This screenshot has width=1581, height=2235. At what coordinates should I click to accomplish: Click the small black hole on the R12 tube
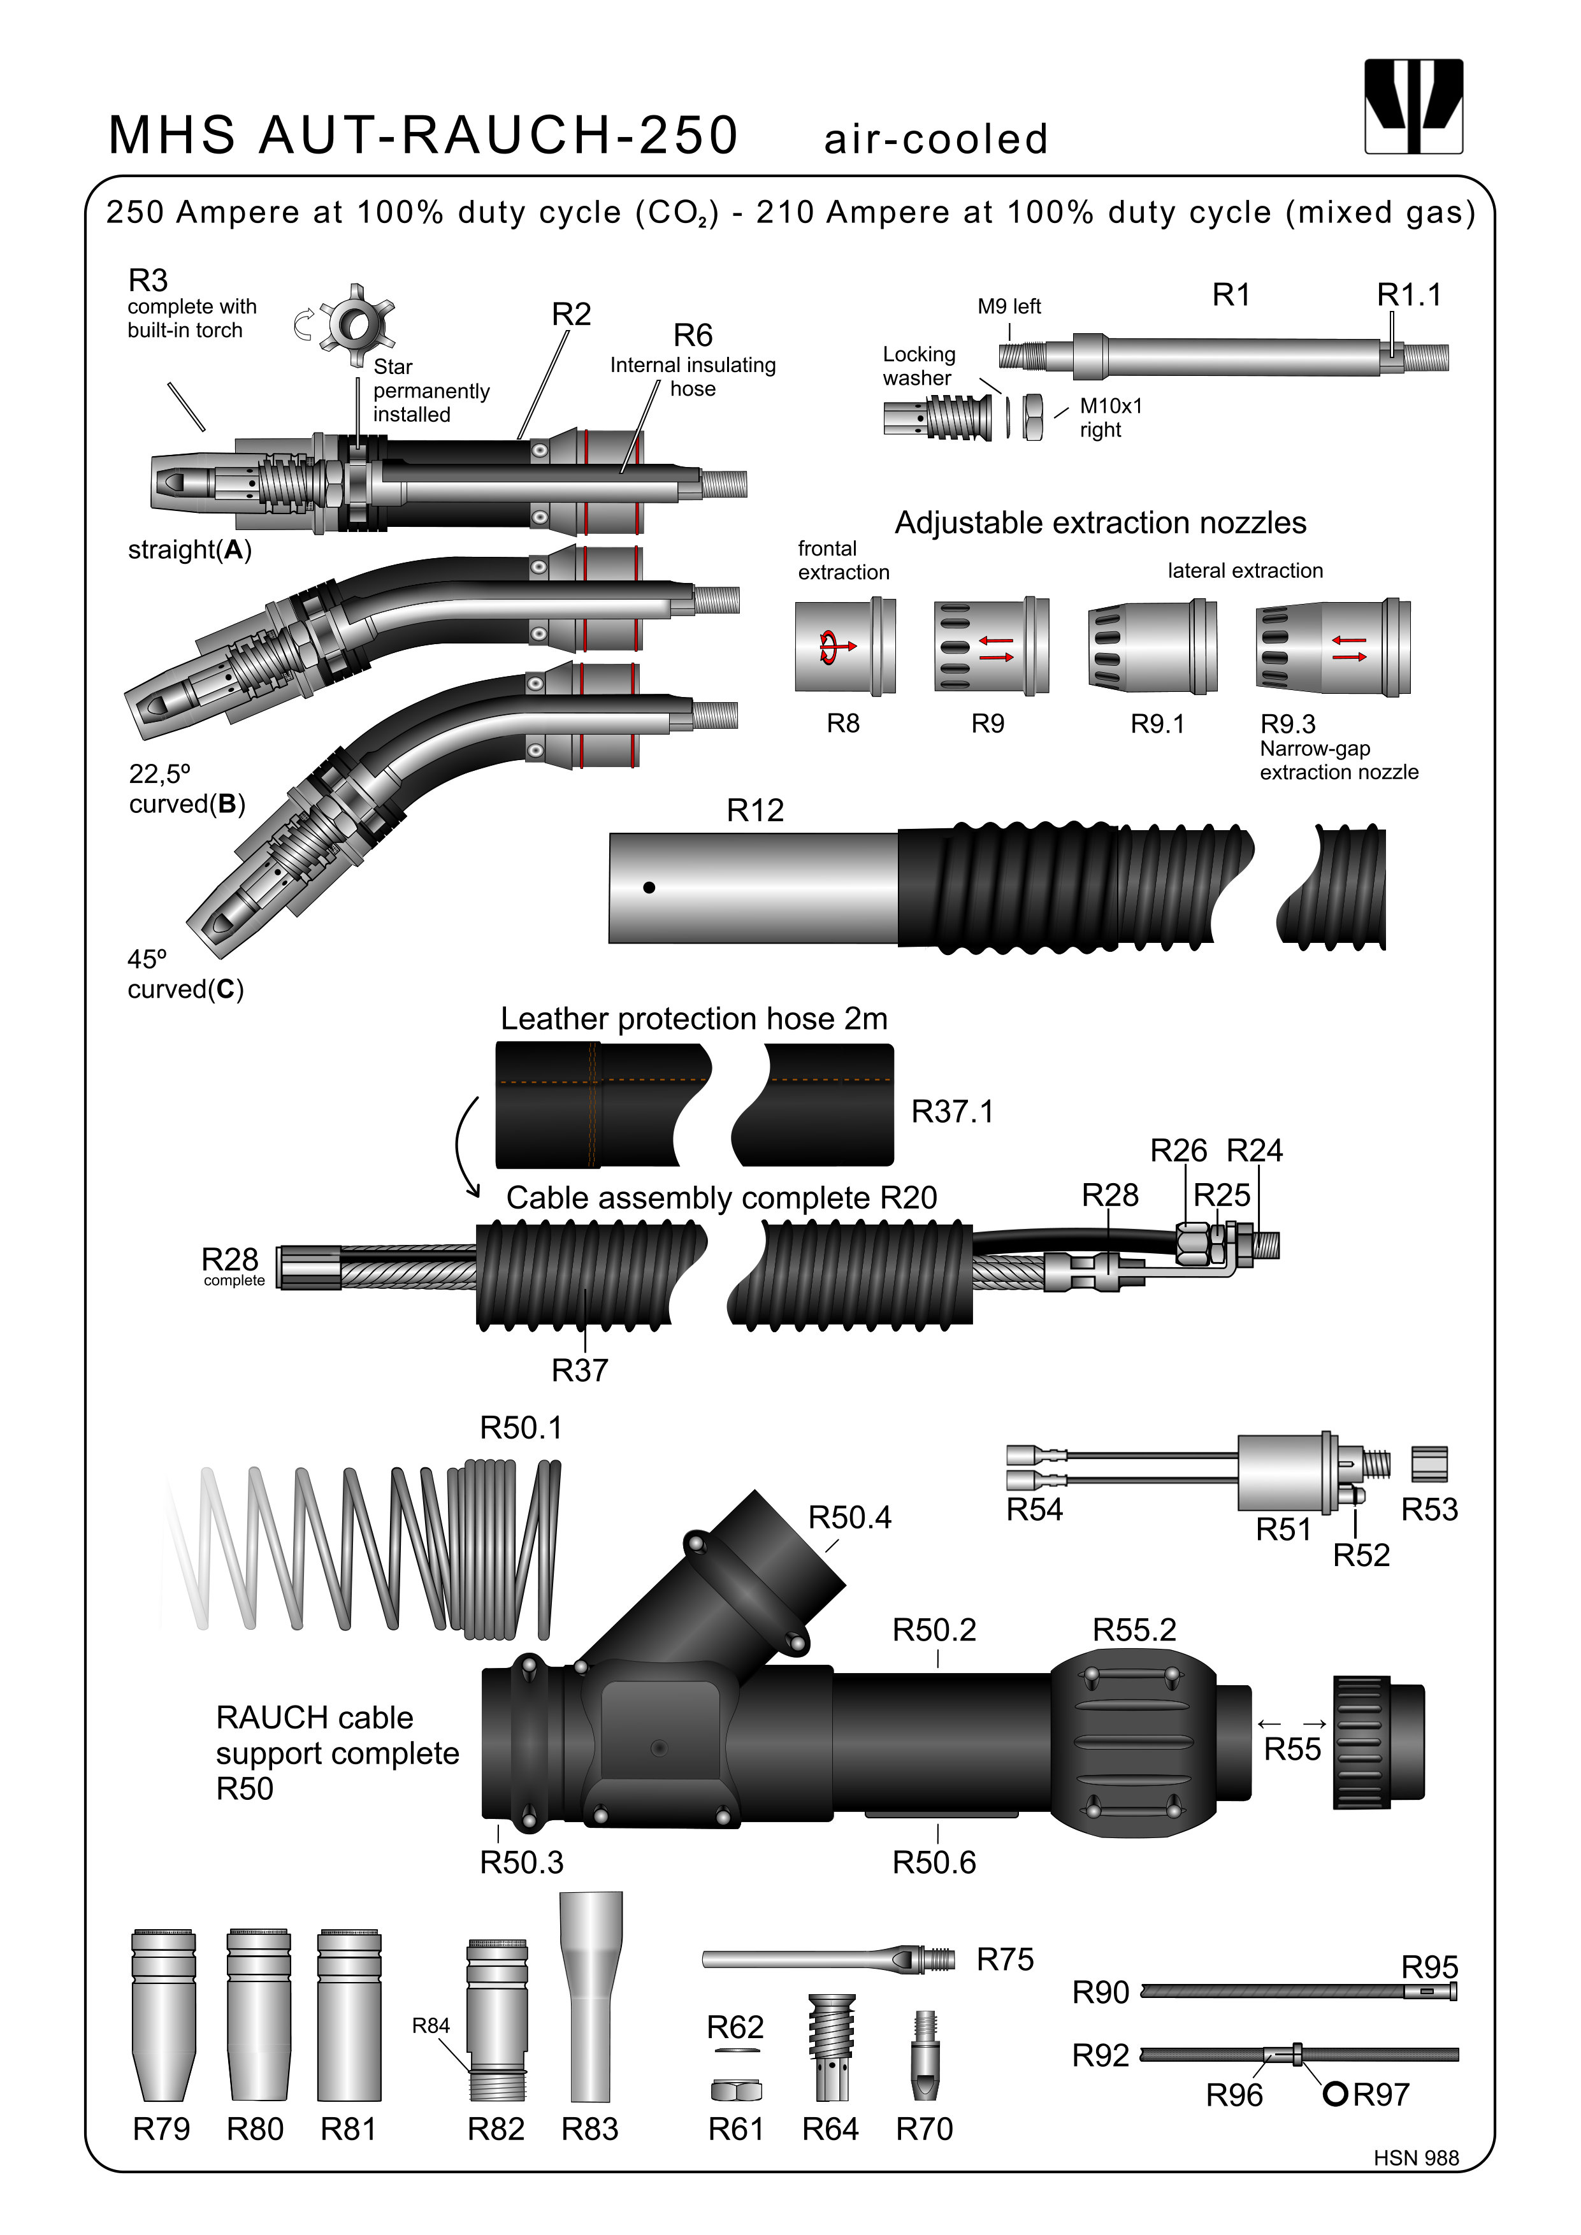[649, 888]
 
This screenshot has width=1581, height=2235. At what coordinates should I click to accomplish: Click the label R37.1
[952, 1112]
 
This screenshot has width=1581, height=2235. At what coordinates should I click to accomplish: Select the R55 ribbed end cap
[1378, 1743]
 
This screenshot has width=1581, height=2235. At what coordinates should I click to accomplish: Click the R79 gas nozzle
[162, 2015]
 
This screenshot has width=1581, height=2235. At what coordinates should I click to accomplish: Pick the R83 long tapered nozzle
[590, 1995]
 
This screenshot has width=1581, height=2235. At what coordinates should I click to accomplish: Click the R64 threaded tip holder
[832, 2048]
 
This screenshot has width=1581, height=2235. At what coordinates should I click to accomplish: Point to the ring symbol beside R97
[1334, 2094]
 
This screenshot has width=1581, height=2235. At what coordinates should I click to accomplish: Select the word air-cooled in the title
[935, 139]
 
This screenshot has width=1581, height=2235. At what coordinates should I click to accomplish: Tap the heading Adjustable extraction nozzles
[1100, 522]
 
